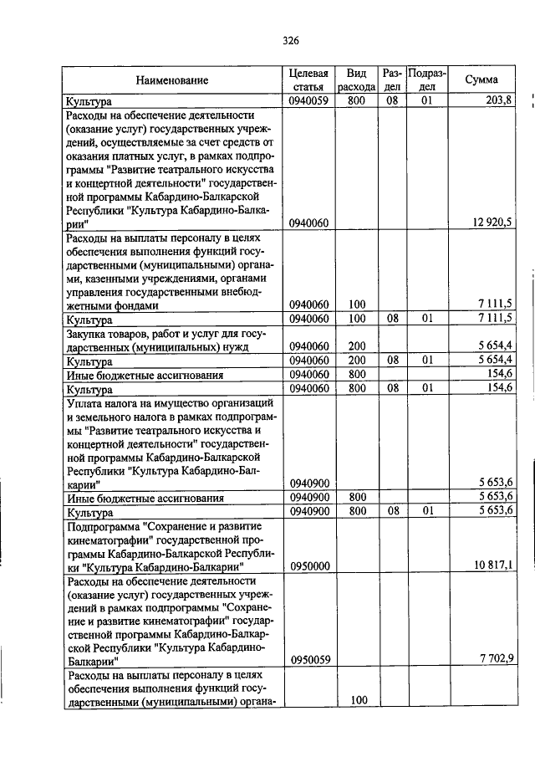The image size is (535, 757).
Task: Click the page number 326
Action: pyautogui.click(x=291, y=40)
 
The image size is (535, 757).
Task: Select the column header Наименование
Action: pyautogui.click(x=172, y=80)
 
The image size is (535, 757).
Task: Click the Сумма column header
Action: pyautogui.click(x=481, y=80)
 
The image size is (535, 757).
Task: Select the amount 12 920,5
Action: pyautogui.click(x=490, y=223)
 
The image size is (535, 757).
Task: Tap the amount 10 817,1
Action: pyautogui.click(x=491, y=566)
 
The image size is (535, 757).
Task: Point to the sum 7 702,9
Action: pyautogui.click(x=494, y=658)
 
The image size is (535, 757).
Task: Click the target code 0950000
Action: pyautogui.click(x=309, y=566)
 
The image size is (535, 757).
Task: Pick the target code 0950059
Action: pyautogui.click(x=309, y=658)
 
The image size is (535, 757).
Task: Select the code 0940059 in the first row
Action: pyautogui.click(x=309, y=101)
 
